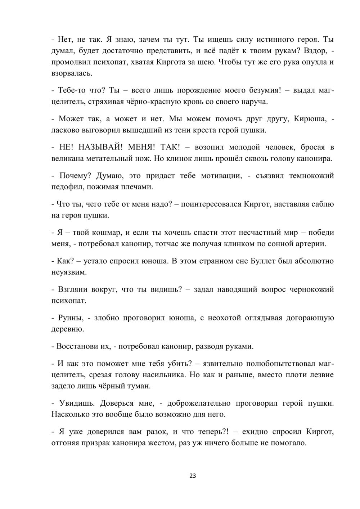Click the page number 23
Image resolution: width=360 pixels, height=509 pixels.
point(192,476)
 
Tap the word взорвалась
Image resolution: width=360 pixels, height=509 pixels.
point(72,73)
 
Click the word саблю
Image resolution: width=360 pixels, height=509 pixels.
point(323,204)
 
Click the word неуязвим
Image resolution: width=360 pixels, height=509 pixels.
point(69,272)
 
